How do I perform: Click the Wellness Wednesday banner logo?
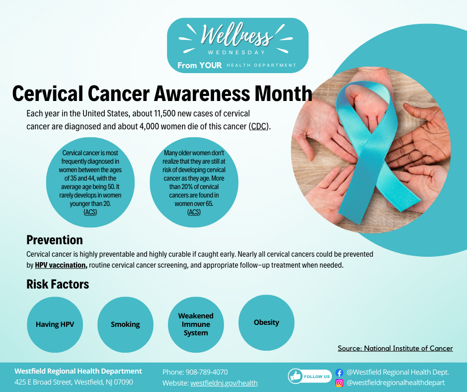point(237,45)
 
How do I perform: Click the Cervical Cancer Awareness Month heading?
point(162,94)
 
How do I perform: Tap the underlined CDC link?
point(259,126)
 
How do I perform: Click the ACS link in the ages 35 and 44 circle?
point(90,212)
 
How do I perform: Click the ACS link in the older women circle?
point(194,212)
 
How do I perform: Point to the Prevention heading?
point(55,240)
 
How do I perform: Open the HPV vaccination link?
point(61,265)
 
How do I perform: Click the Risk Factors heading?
point(58,284)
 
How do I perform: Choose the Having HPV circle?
point(55,324)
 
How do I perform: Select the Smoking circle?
point(125,324)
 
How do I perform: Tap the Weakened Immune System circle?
point(196,324)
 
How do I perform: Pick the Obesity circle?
point(266,322)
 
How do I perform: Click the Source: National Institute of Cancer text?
point(395,348)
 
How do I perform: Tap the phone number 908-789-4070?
point(206,372)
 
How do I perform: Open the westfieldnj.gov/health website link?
point(224,383)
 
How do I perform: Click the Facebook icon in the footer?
point(339,372)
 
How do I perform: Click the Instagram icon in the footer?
point(339,383)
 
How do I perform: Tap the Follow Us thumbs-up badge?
point(310,377)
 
